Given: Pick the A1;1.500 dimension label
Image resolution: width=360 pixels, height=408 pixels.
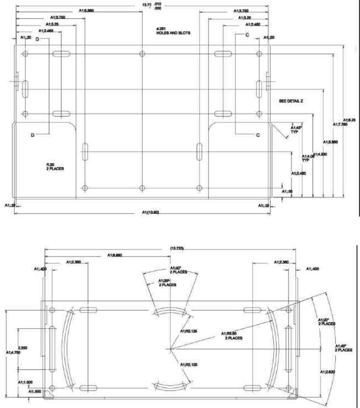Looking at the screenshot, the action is (25, 383).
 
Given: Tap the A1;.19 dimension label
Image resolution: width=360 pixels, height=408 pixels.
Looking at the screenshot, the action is (10, 205).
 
